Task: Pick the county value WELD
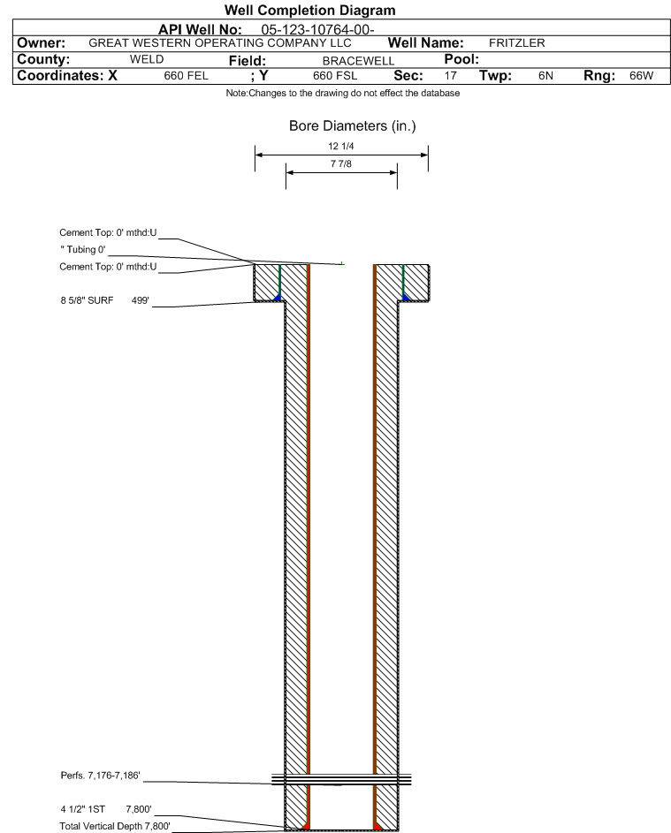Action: pos(148,59)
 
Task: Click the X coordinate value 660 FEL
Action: pos(186,77)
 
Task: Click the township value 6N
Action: pos(545,77)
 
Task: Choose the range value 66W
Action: pos(641,77)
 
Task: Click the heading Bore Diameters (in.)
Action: pos(352,126)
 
